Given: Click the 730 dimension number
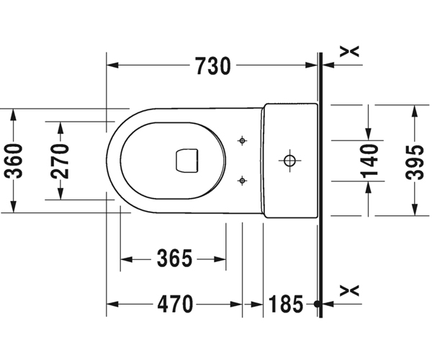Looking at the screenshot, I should click(x=212, y=66).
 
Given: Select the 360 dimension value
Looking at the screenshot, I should click(x=15, y=161).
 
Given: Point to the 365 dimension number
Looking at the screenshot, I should click(x=174, y=258).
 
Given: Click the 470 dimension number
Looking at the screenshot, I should click(x=175, y=305).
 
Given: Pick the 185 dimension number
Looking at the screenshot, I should click(x=287, y=305).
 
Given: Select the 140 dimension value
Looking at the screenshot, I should click(x=369, y=161).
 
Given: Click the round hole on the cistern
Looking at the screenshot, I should click(x=289, y=159).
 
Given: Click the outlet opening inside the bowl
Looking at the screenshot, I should click(x=186, y=160).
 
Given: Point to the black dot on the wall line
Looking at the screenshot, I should click(x=318, y=305).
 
